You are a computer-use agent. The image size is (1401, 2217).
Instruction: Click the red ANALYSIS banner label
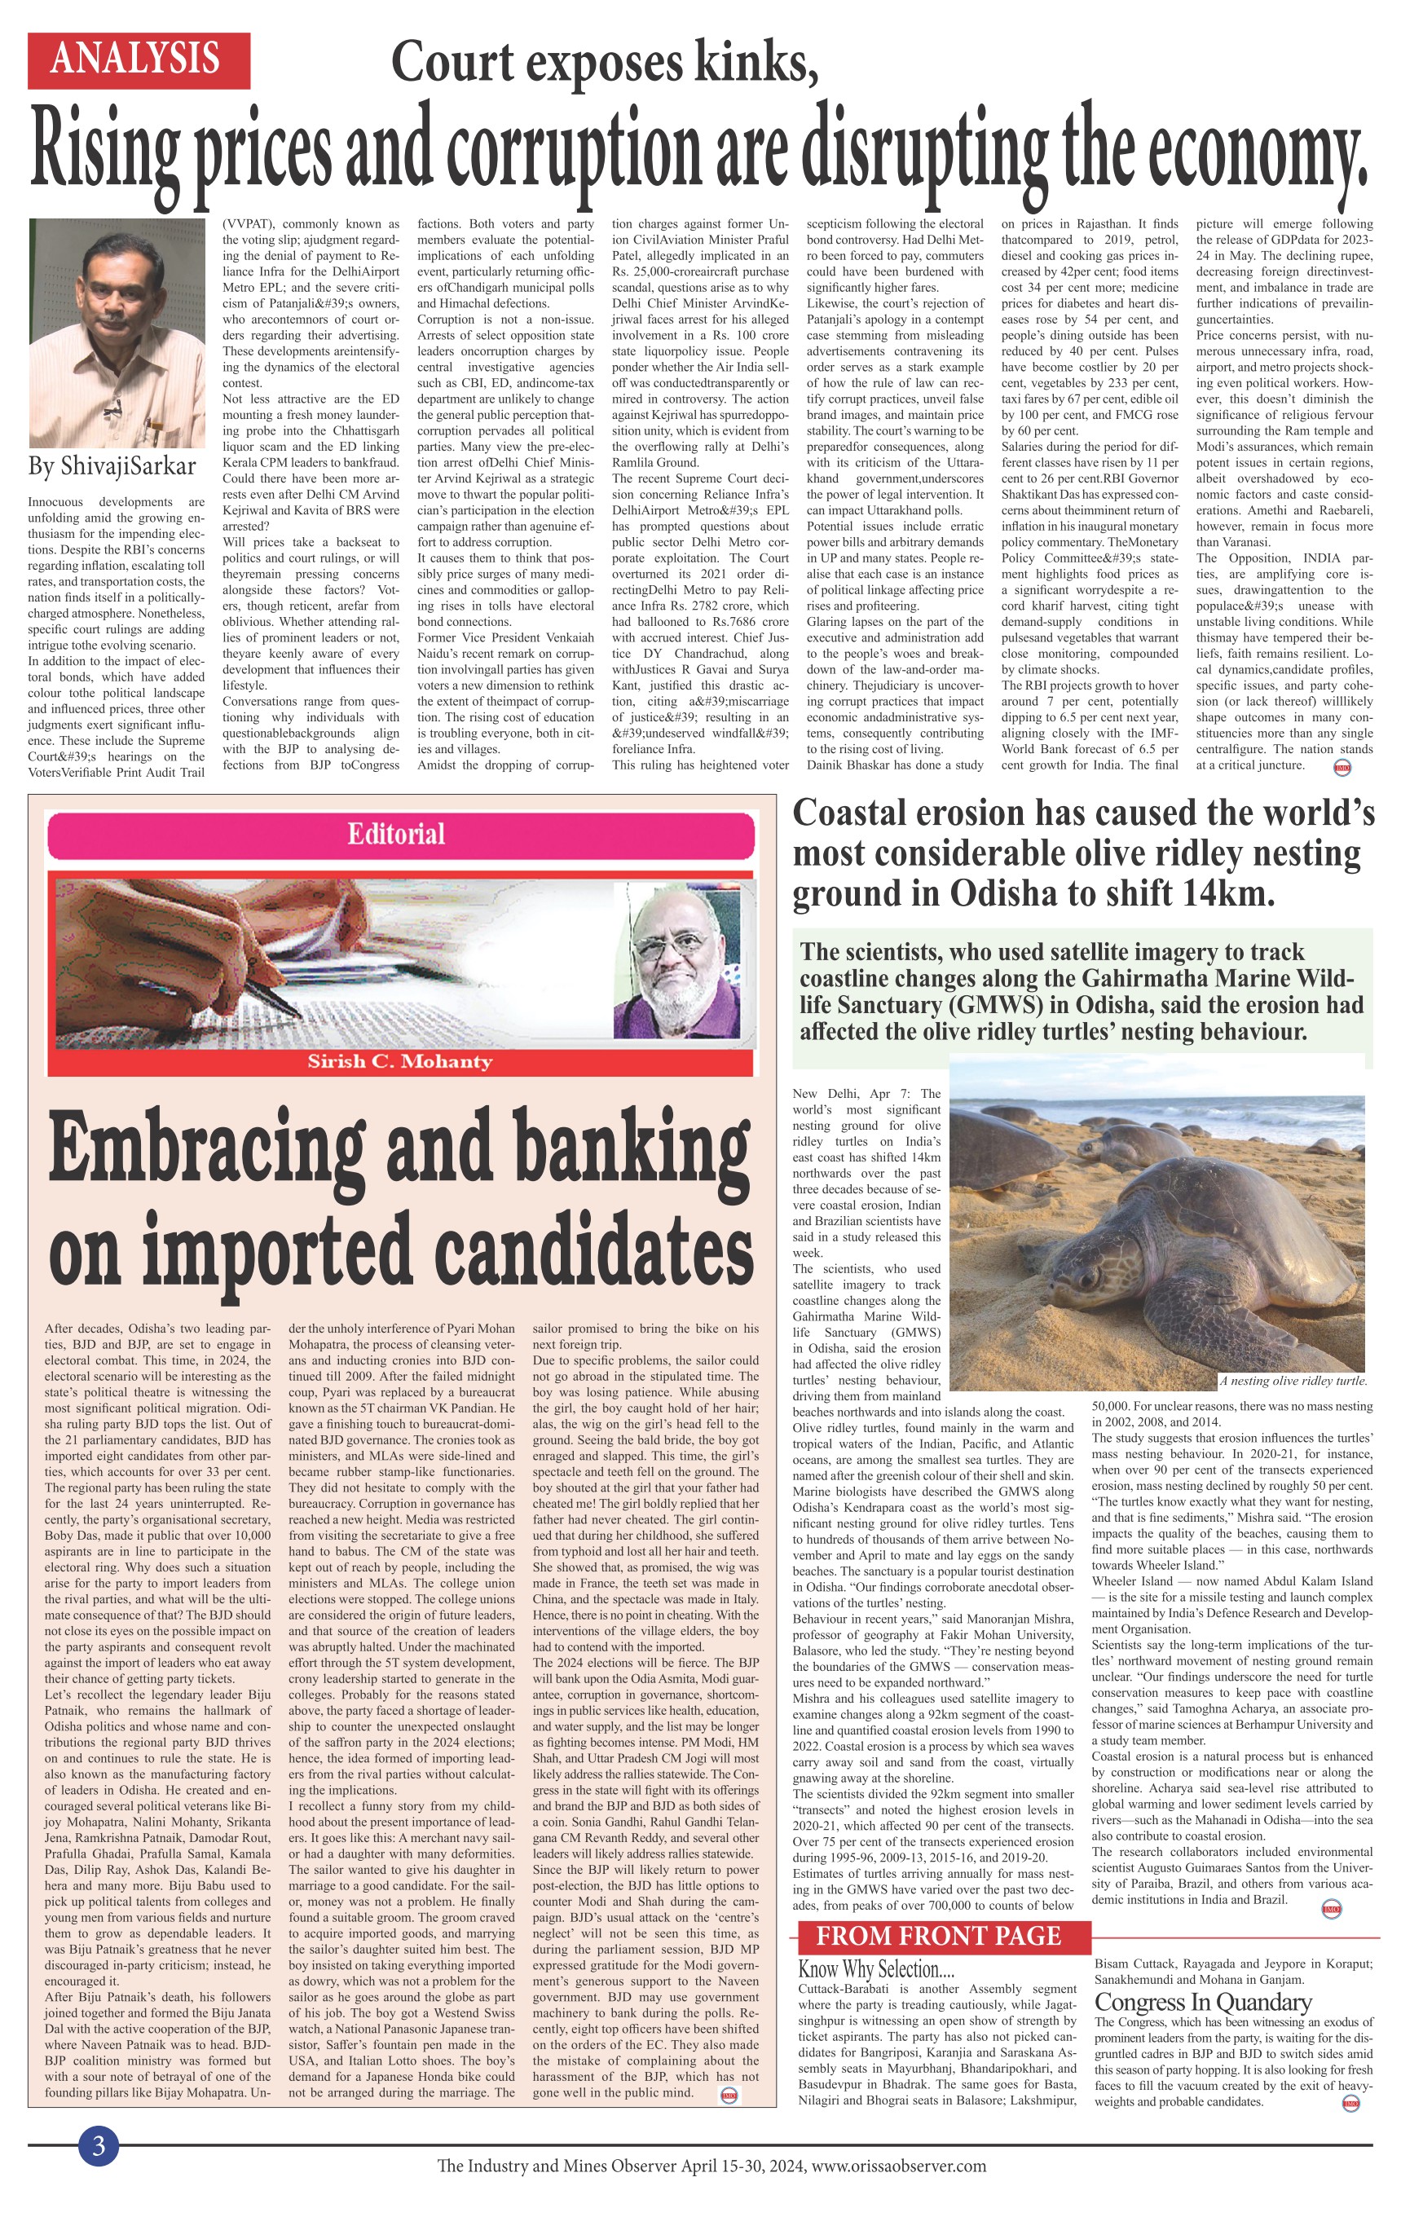pyautogui.click(x=138, y=60)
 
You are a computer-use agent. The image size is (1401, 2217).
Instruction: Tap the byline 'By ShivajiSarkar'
pyautogui.click(x=112, y=466)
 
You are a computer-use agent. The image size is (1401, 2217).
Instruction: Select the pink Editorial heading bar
pyautogui.click(x=397, y=834)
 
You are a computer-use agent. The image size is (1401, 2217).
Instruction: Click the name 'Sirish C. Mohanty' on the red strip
pyautogui.click(x=399, y=1061)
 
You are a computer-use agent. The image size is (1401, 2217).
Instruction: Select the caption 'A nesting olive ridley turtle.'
pyautogui.click(x=1293, y=1380)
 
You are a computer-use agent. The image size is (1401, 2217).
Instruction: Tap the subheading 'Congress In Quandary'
pyautogui.click(x=1202, y=2002)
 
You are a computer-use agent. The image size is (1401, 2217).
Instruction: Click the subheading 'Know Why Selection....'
pyautogui.click(x=875, y=1968)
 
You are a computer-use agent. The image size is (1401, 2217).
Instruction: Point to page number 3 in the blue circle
pyautogui.click(x=99, y=2146)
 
